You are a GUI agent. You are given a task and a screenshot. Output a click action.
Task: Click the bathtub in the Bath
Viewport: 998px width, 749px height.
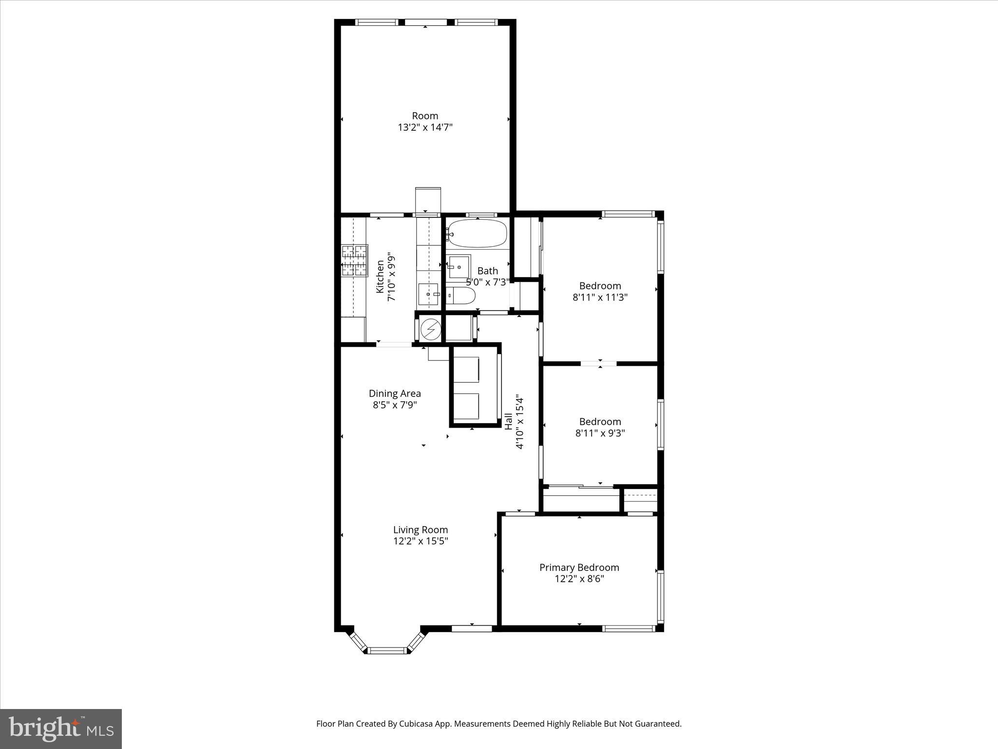(477, 234)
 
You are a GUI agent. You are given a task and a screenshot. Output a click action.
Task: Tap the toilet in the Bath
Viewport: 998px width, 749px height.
(461, 296)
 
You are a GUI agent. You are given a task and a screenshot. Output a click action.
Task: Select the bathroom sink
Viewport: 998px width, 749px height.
(459, 266)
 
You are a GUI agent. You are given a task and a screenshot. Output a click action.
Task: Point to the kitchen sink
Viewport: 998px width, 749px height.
(429, 295)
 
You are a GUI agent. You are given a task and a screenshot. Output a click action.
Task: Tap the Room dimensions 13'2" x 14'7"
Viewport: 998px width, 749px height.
(425, 127)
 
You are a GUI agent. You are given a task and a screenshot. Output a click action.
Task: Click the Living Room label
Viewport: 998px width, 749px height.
(420, 530)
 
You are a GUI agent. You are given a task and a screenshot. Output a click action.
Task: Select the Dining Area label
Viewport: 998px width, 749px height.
(395, 393)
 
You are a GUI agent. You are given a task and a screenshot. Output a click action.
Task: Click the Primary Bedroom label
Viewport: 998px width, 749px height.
(579, 567)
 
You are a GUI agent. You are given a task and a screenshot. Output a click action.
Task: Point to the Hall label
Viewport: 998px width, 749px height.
(508, 421)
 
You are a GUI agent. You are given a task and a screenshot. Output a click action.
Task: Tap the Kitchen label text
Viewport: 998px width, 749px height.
(380, 276)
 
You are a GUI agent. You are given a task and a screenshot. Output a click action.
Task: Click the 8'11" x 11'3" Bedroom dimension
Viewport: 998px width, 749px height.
(600, 297)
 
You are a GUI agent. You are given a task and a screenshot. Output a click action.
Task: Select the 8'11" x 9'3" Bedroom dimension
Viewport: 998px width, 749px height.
(600, 433)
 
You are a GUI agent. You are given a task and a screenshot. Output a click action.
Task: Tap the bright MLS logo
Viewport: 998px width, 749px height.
(61, 729)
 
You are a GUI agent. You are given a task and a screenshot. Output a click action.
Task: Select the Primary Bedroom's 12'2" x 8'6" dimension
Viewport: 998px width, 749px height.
(579, 579)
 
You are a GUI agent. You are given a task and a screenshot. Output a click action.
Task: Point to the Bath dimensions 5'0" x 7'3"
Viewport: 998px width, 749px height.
(488, 282)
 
